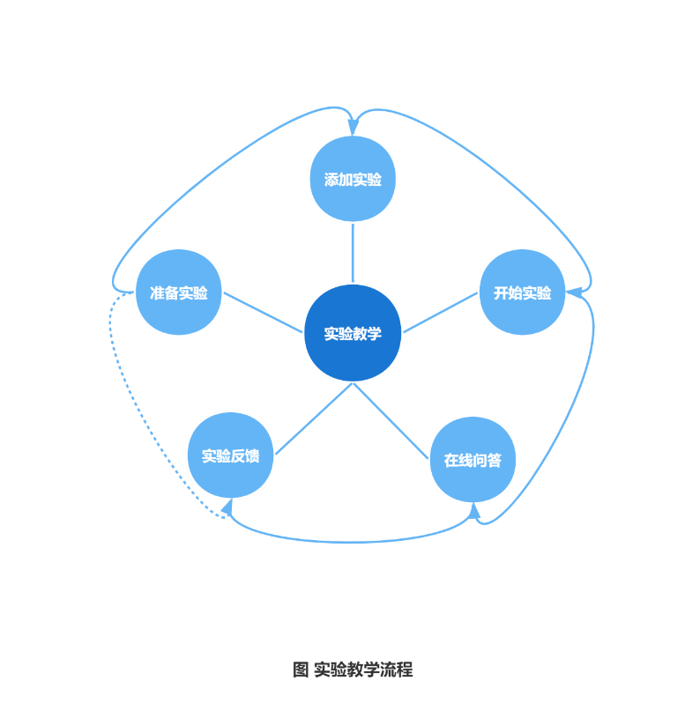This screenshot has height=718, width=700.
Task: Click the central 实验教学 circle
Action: pyautogui.click(x=353, y=333)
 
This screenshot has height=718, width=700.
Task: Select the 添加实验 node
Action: pyautogui.click(x=353, y=179)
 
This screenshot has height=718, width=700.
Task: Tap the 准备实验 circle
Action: pyautogui.click(x=178, y=292)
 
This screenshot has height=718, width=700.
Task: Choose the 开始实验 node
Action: pyautogui.click(x=522, y=292)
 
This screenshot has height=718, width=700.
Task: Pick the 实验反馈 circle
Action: pyautogui.click(x=230, y=455)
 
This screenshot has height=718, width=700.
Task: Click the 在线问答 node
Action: pyautogui.click(x=473, y=459)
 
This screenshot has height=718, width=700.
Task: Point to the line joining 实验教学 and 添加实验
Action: pyautogui.click(x=353, y=253)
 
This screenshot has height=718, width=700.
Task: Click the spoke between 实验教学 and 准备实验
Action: pyautogui.click(x=263, y=313)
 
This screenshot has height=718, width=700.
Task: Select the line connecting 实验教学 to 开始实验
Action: pyautogui.click(x=441, y=313)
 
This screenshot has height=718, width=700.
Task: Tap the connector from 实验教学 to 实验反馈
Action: pyautogui.click(x=313, y=418)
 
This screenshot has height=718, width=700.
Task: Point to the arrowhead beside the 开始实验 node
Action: pyautogui.click(x=574, y=292)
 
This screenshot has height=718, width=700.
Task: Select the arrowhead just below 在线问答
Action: pyautogui.click(x=474, y=511)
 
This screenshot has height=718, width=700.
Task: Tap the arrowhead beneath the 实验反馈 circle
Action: pyautogui.click(x=227, y=507)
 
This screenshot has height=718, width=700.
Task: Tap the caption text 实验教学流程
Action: pyautogui.click(x=362, y=670)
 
